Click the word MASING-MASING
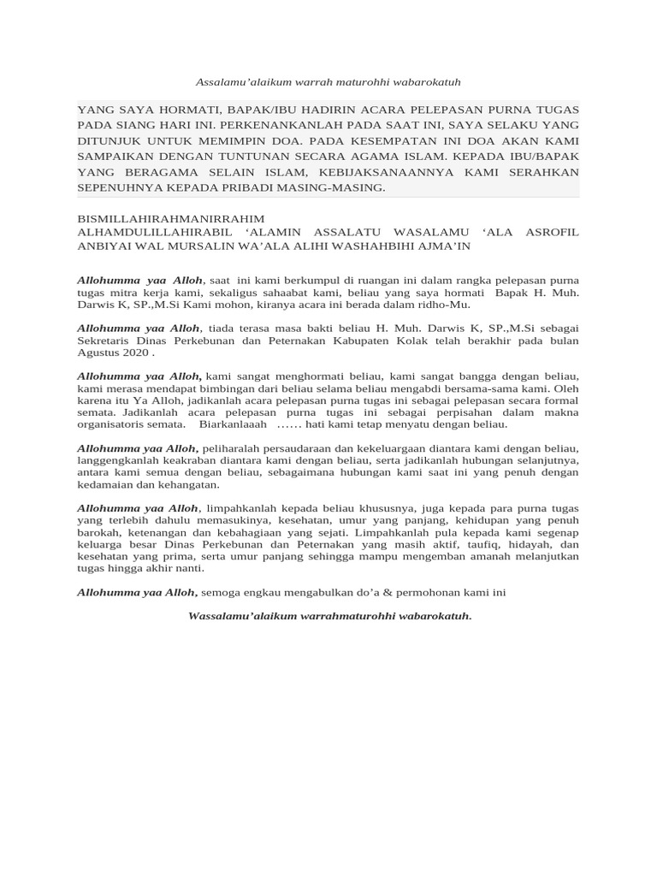pyautogui.click(x=342, y=187)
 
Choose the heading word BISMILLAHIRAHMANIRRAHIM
pyautogui.click(x=171, y=219)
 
